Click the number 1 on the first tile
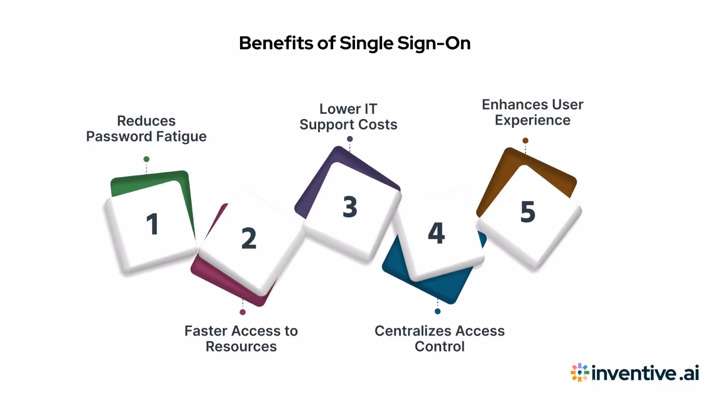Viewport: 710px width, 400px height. tap(152, 224)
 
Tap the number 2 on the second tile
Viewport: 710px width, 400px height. tap(248, 238)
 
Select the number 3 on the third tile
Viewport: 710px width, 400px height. tap(350, 207)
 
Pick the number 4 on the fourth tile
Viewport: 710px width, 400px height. tap(436, 233)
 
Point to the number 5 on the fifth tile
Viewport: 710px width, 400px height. tap(528, 212)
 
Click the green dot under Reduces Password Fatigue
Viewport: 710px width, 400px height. tap(146, 159)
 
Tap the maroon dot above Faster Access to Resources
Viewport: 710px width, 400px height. tap(242, 312)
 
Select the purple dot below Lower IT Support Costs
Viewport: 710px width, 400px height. tap(350, 139)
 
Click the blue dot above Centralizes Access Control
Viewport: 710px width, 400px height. tap(437, 311)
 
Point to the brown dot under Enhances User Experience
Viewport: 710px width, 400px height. tap(525, 140)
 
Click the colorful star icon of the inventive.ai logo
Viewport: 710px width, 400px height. tap(579, 373)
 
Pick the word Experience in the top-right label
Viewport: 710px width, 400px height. tap(532, 120)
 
